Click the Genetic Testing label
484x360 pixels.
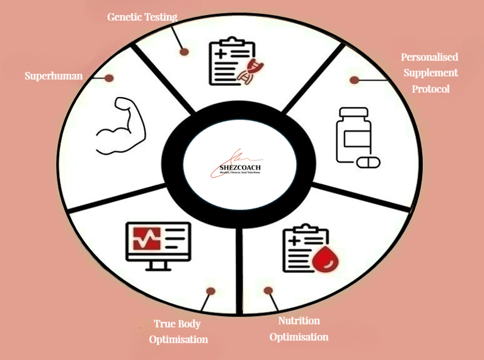[142, 18]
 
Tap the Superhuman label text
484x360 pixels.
[54, 76]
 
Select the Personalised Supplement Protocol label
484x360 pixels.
[430, 73]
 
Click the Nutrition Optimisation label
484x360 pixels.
[299, 328]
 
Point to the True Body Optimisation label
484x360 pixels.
[178, 332]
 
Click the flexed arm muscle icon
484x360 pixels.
[121, 125]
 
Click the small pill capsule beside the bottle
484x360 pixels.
[369, 163]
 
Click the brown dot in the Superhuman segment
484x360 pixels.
[109, 78]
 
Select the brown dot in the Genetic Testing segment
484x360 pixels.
[184, 51]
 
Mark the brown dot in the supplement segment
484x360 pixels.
[354, 80]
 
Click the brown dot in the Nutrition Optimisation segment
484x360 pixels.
[268, 291]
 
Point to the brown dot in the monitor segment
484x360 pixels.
[210, 291]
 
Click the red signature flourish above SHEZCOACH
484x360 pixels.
[236, 156]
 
